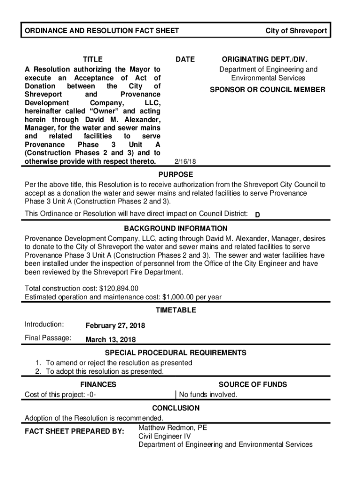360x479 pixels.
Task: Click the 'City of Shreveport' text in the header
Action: point(296,31)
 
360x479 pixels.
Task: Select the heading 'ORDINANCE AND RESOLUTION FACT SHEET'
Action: point(102,31)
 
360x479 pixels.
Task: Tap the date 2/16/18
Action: point(185,161)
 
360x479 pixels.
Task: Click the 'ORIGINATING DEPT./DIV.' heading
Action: point(265,59)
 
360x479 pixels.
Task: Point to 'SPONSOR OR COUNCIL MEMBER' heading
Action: point(267,89)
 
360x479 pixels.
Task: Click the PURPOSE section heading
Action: point(175,174)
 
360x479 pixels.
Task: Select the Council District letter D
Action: point(257,215)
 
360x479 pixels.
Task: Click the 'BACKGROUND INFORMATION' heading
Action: point(175,229)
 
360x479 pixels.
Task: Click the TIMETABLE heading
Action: point(175,310)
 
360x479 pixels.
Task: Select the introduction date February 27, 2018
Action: point(115,326)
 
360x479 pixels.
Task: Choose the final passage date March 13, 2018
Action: point(111,340)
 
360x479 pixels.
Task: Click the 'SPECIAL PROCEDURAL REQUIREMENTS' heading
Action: point(175,353)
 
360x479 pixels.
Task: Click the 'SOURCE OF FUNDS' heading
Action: point(253,385)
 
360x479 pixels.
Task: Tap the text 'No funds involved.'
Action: point(209,395)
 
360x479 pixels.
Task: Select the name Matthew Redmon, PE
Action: point(173,428)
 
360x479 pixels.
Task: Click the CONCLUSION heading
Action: point(175,408)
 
